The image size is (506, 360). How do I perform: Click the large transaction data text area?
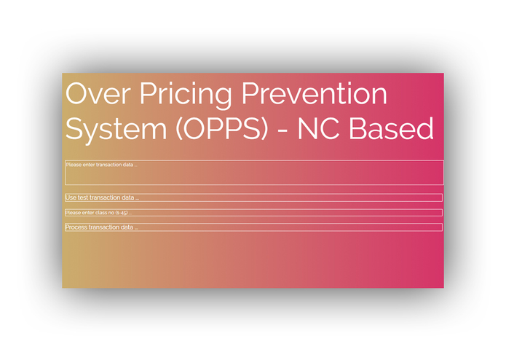pos(253,173)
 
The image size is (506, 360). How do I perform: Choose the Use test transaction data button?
pos(253,197)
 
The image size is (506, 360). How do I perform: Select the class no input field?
pos(253,213)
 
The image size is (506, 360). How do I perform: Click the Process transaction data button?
pos(253,227)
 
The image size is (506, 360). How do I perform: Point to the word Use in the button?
pos(71,197)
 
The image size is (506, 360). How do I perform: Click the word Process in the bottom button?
pos(76,227)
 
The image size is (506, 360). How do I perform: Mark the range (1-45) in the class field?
pos(121,213)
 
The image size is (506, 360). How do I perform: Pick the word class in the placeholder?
pos(102,213)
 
